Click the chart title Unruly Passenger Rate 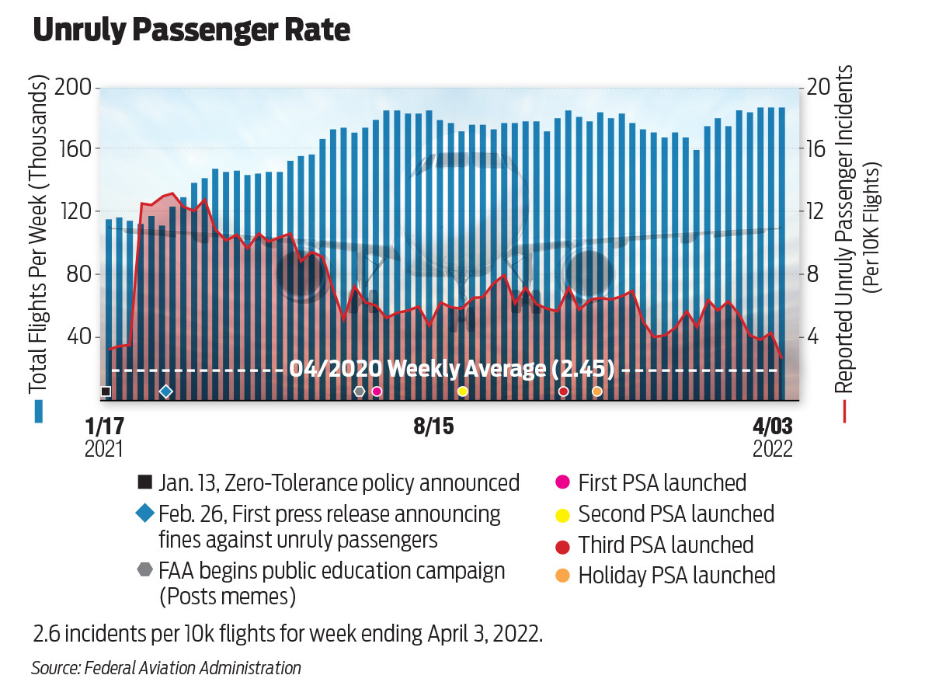click(191, 30)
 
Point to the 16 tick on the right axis click(819, 149)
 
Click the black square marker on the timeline click(106, 391)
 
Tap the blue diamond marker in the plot click(165, 391)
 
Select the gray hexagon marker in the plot click(359, 391)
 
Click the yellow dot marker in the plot click(463, 391)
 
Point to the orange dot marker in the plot click(596, 391)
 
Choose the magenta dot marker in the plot click(377, 391)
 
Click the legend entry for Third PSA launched click(665, 545)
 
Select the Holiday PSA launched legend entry click(676, 576)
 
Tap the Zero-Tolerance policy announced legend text click(339, 482)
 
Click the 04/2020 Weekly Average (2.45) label click(451, 369)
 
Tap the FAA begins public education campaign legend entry click(331, 572)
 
